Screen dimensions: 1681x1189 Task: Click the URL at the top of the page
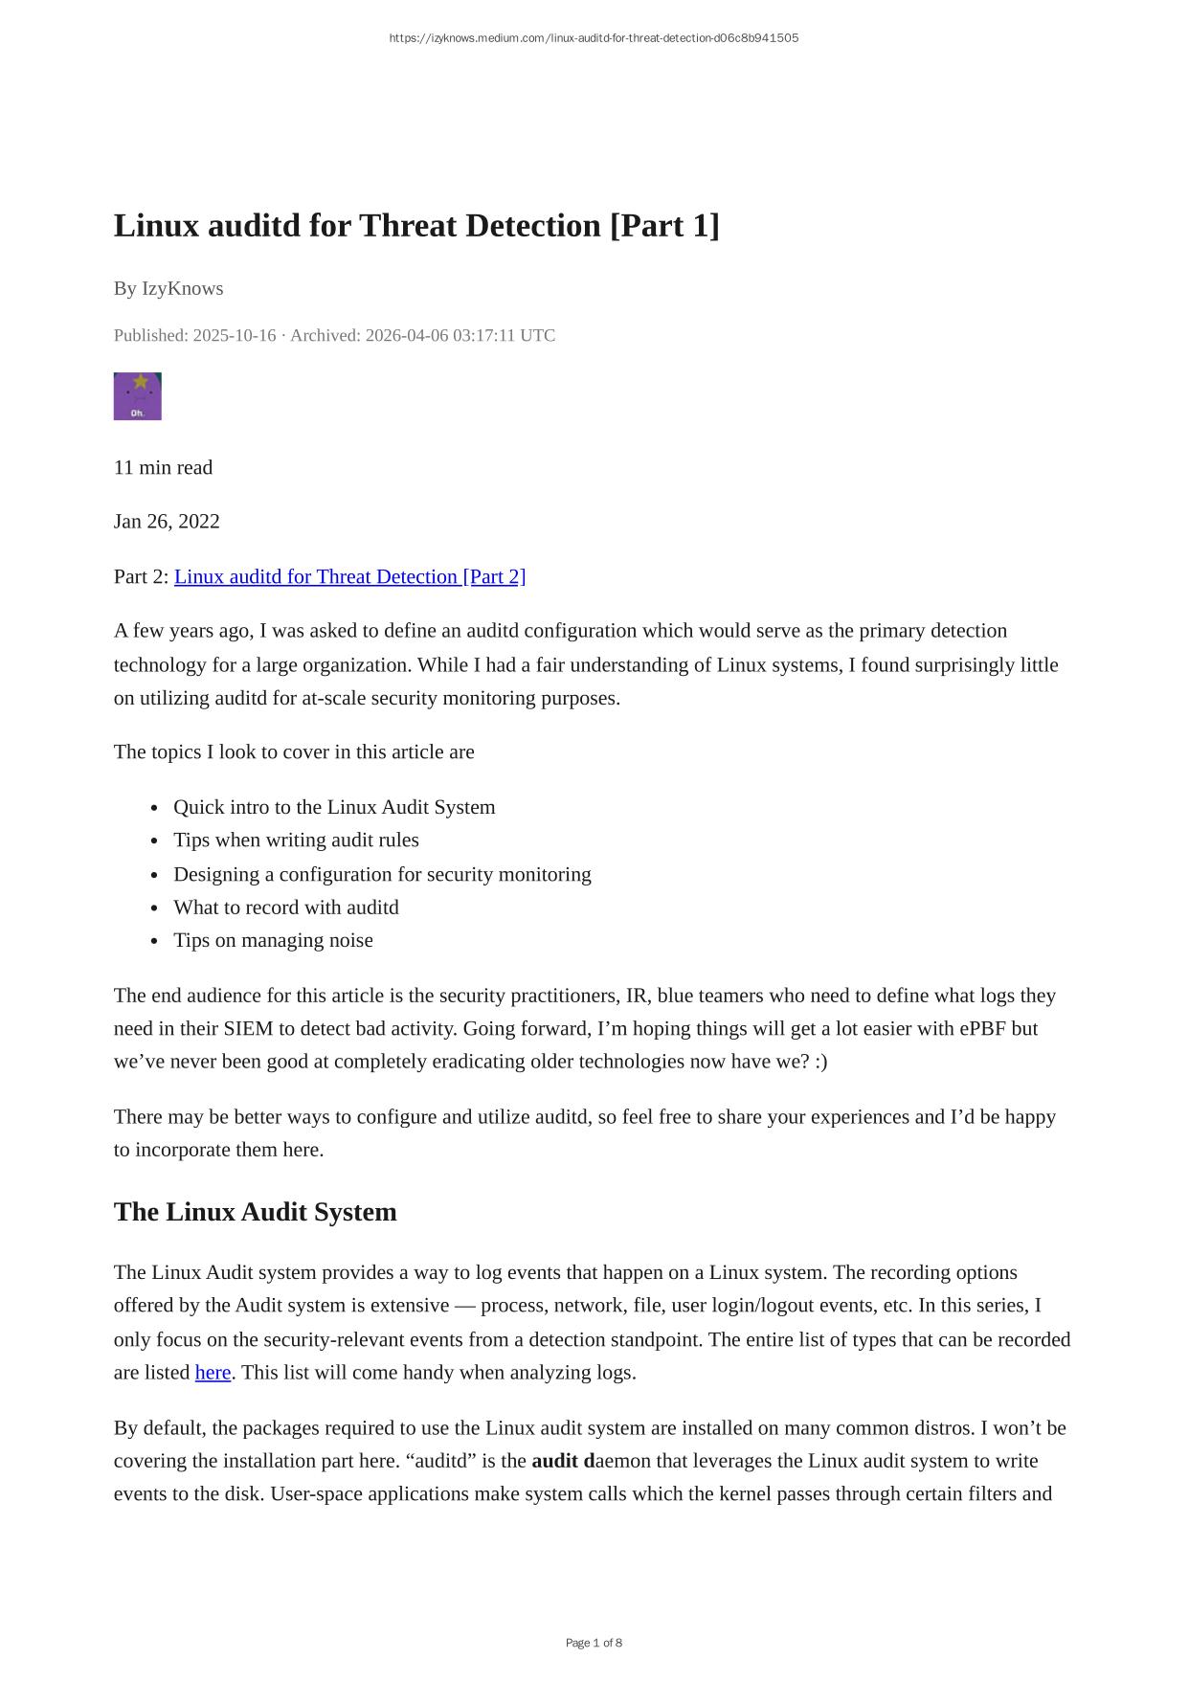tap(594, 38)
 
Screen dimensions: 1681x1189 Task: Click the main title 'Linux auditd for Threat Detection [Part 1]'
tap(416, 226)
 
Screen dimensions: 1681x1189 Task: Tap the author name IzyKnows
tap(182, 288)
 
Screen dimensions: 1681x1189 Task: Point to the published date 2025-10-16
tap(234, 335)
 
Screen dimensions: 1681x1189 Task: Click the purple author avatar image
tap(138, 396)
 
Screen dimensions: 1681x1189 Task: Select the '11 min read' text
tap(163, 467)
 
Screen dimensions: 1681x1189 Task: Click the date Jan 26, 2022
tap(167, 521)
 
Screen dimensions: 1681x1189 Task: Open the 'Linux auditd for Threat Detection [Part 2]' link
tap(349, 576)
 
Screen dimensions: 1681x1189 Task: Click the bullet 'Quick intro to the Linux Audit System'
tap(334, 807)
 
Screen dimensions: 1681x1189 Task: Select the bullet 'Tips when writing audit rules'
tap(296, 840)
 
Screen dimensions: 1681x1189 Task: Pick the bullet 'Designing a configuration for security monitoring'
tap(382, 874)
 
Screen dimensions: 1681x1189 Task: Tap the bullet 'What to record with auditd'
tap(285, 907)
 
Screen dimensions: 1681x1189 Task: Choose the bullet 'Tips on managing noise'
tap(273, 940)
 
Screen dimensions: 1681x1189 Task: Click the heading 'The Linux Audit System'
tap(255, 1212)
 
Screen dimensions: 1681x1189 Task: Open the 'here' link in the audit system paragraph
tap(213, 1373)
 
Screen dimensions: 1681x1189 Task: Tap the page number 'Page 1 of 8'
tap(594, 1643)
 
